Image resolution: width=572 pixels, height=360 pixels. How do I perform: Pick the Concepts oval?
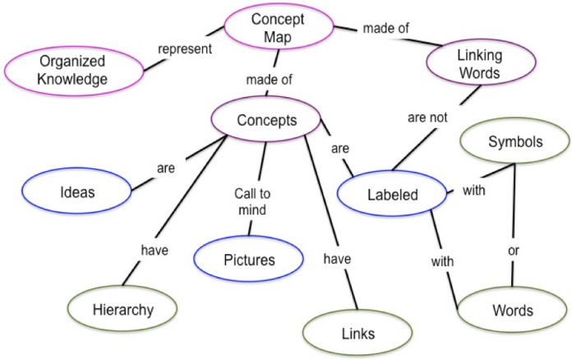[266, 120]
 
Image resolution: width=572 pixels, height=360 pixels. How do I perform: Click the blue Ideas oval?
[77, 192]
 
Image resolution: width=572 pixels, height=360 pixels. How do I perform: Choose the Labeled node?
[391, 196]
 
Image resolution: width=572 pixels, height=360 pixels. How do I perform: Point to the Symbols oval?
[515, 141]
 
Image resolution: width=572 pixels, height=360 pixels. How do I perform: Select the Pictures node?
[249, 260]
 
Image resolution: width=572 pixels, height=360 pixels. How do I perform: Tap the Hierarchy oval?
[122, 309]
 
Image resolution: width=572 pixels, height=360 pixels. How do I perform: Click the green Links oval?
[357, 333]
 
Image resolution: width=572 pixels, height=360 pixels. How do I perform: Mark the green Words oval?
[512, 310]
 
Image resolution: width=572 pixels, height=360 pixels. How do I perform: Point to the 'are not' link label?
[427, 118]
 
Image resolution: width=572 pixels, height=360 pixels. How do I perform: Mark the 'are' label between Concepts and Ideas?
[166, 168]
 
